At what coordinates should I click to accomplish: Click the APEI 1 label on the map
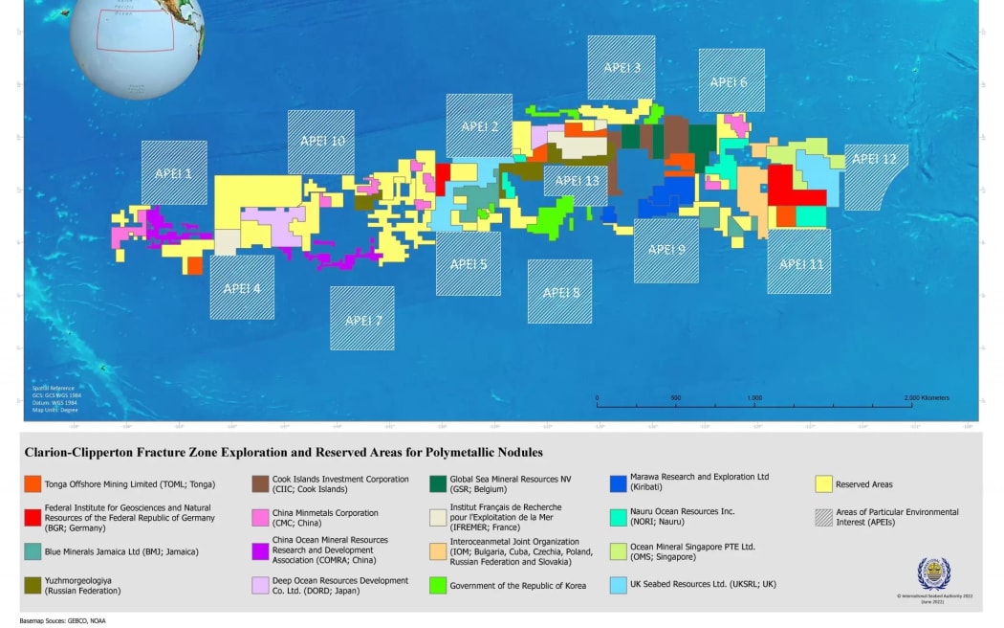[x=174, y=174]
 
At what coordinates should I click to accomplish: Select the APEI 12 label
[x=874, y=160]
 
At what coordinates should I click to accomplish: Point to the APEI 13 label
[x=577, y=181]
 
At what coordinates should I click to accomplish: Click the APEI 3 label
[x=622, y=68]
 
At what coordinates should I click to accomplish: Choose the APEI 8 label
[x=560, y=293]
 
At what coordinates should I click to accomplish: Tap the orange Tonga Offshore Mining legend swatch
[x=33, y=484]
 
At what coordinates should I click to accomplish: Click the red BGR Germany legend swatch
[x=33, y=518]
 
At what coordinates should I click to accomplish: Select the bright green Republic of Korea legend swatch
[x=438, y=585]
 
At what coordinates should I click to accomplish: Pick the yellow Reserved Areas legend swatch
[x=824, y=484]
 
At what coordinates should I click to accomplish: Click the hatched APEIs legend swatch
[x=824, y=518]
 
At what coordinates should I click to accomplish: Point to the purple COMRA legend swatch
[x=259, y=551]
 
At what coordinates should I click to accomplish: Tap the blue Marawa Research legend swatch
[x=618, y=484]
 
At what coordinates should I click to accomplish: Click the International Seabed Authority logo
[x=933, y=573]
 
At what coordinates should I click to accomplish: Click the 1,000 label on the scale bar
[x=754, y=397]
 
